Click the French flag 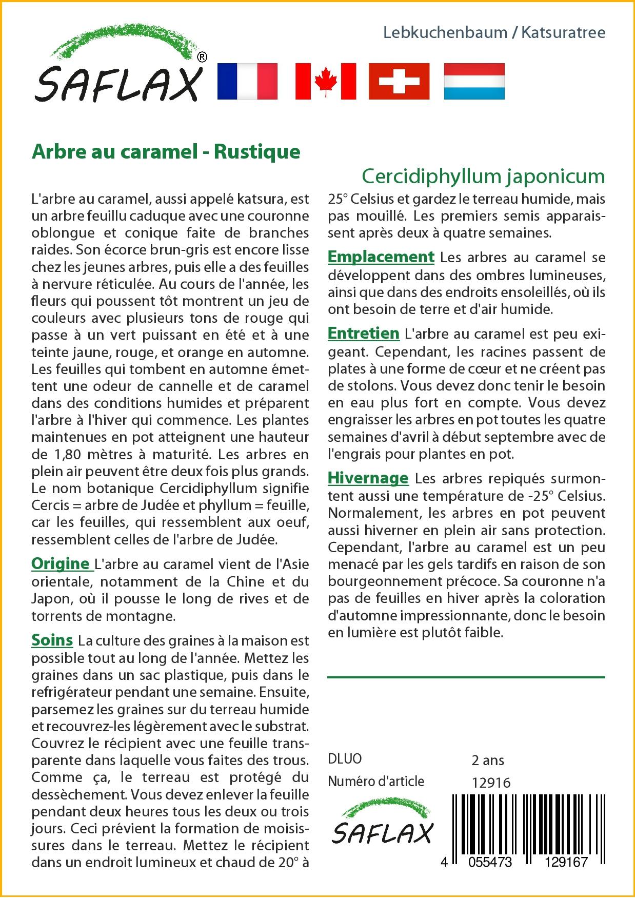coord(247,81)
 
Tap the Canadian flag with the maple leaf coord(325,81)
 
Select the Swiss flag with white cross coord(399,81)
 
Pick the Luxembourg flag coord(474,81)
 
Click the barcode coord(528,826)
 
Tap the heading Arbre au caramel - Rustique coord(166,152)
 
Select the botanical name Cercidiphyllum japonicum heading coord(483,177)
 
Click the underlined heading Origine coord(61,564)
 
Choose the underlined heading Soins coord(52,640)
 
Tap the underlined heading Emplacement coord(381,257)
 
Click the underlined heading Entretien coord(363,334)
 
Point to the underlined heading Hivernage coord(368,478)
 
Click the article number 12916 coord(491,783)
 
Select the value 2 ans coord(487,760)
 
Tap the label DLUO coord(345,759)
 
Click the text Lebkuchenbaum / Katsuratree coord(494,33)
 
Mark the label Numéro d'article coord(376,782)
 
